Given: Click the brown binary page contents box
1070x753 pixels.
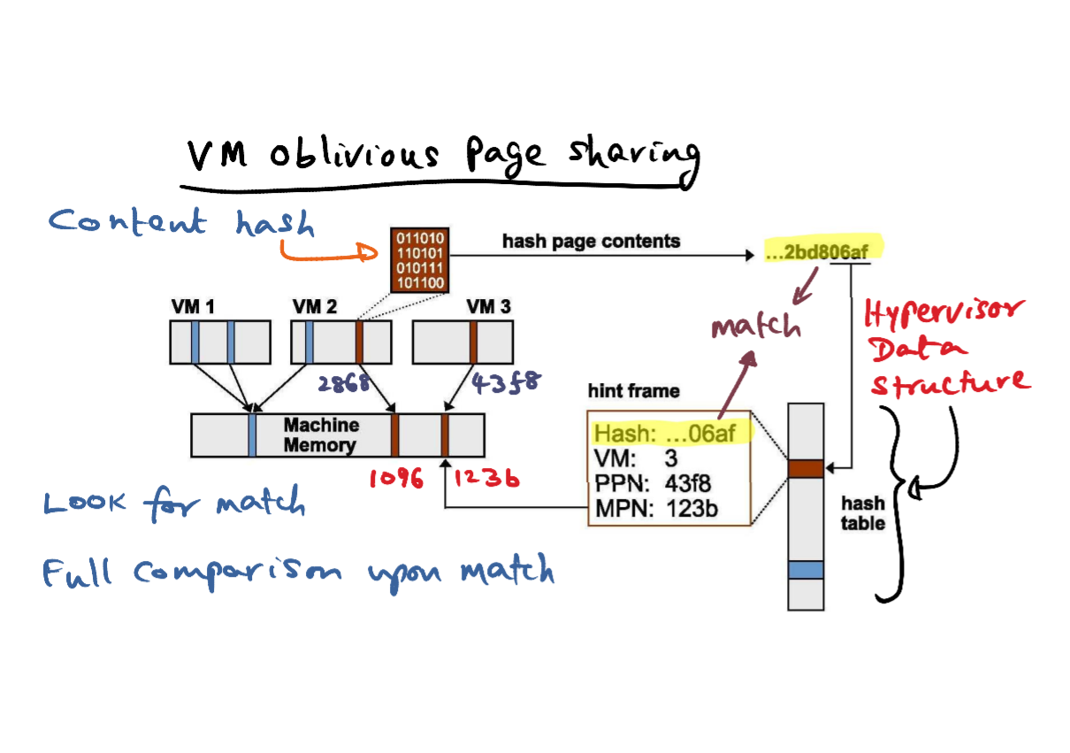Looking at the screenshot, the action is [419, 260].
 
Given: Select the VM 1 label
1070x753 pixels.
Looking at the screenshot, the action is [193, 306].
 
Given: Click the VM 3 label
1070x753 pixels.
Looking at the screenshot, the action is [488, 306].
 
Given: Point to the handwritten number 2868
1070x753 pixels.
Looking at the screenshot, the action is [344, 383].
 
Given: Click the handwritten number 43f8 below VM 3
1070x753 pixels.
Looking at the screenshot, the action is [507, 382].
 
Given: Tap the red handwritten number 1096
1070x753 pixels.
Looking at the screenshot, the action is [396, 478].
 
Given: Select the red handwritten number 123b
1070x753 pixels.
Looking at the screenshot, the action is [486, 478].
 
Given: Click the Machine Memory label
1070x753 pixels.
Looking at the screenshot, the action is [321, 434].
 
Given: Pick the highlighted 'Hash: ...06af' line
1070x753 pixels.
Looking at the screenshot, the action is [665, 434].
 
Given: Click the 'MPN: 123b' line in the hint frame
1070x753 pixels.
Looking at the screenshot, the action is [656, 508].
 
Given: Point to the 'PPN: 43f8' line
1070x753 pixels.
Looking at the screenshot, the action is [653, 483].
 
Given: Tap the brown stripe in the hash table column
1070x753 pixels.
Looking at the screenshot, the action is [806, 469].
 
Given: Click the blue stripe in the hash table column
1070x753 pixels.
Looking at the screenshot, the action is [806, 570].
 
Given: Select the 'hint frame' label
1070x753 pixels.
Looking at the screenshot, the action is [633, 391].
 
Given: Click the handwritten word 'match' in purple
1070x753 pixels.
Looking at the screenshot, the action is [756, 326].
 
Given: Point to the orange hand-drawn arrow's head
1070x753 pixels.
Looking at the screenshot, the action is [368, 252].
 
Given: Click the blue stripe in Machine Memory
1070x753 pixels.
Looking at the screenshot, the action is [252, 435].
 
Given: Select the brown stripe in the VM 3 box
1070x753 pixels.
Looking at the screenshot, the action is [473, 342].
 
